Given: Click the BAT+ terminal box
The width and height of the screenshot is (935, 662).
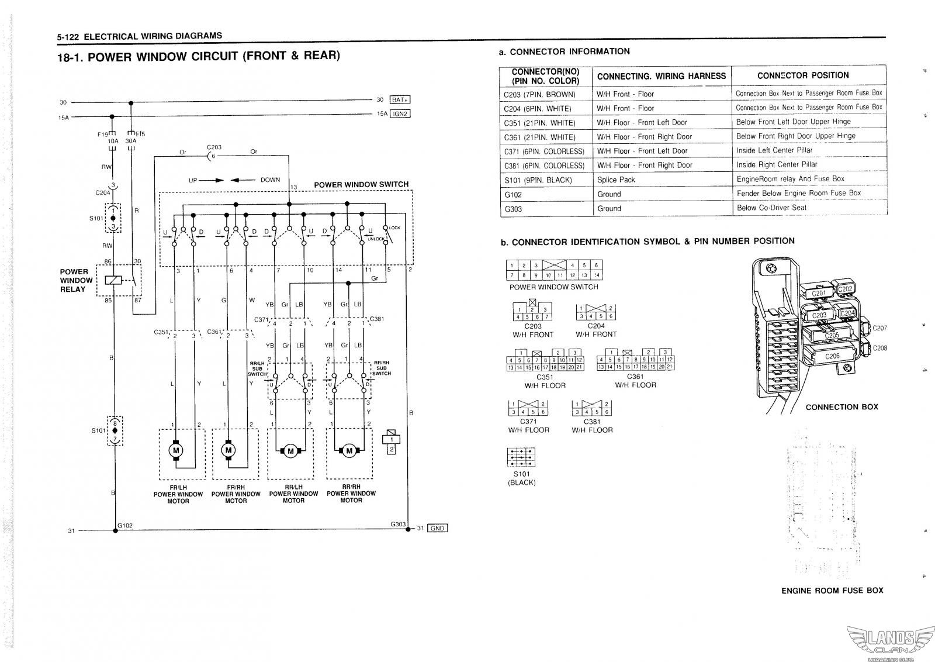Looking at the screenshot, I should (x=400, y=99).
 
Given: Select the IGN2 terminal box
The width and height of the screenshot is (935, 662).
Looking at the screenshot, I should (x=400, y=114).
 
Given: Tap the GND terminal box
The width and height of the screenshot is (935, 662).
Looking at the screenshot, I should (x=438, y=528).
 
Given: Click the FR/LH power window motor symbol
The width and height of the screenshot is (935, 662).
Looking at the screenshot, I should (x=176, y=450).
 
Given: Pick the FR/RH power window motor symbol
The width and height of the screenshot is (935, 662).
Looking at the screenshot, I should (x=228, y=450).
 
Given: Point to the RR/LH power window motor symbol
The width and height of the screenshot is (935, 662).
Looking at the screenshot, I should (x=290, y=450).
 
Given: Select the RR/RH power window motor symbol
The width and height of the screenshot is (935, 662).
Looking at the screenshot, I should (x=349, y=450).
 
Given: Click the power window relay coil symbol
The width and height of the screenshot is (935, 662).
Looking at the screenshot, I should (x=113, y=280).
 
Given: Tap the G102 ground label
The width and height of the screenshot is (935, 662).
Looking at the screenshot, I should (x=125, y=525).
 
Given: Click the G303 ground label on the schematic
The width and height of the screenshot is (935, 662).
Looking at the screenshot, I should (x=398, y=524).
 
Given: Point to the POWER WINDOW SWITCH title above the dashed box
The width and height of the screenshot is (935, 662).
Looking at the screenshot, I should (x=361, y=185).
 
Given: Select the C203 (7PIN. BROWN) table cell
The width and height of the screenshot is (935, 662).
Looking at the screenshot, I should (x=539, y=94).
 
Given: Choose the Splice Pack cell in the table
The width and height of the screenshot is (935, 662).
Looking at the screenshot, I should (x=616, y=180).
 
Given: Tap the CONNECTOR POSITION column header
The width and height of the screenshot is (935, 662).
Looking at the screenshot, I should (x=802, y=75).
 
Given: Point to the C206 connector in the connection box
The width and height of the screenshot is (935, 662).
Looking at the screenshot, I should (x=832, y=356).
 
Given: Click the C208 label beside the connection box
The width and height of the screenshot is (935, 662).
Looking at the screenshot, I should (x=879, y=348).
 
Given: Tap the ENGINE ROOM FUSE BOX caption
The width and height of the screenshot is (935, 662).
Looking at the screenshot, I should (x=832, y=591).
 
